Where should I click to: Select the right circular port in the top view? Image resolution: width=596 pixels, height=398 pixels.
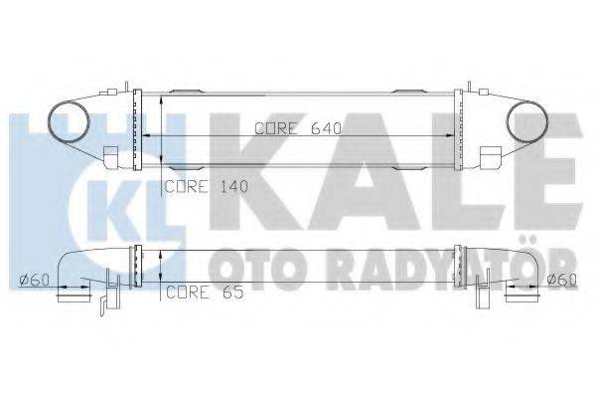523,123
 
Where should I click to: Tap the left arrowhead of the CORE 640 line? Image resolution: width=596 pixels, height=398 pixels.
150,134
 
